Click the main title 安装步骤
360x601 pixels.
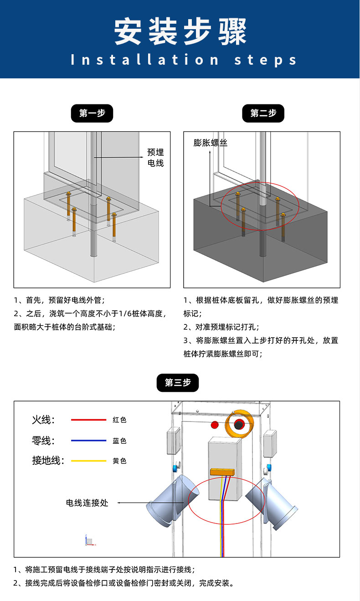(x=180, y=32)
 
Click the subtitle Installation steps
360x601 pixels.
(x=184, y=60)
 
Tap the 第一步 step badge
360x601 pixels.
(x=92, y=113)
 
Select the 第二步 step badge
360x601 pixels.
(x=263, y=113)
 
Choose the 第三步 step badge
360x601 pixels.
(x=178, y=383)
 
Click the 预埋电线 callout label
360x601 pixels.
(x=155, y=158)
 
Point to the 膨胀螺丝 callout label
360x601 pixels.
(x=210, y=143)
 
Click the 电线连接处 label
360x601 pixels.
(x=87, y=503)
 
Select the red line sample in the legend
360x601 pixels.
(x=88, y=420)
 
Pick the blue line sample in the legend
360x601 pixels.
(x=88, y=441)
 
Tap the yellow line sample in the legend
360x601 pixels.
(x=88, y=461)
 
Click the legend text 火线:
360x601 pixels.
(x=43, y=420)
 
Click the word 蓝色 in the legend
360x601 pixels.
(x=119, y=441)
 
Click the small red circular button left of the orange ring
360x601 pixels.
(x=215, y=425)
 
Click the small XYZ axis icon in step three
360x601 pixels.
(x=89, y=541)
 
